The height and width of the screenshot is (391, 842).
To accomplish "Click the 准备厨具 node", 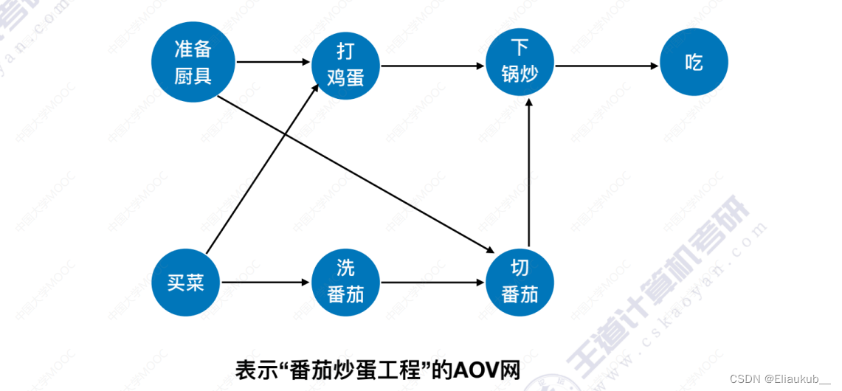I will [x=193, y=63].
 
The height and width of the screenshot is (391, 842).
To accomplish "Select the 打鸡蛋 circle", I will [x=345, y=64].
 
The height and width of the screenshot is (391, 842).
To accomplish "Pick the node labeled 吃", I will [x=694, y=64].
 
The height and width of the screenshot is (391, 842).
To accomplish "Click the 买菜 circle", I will [x=185, y=283].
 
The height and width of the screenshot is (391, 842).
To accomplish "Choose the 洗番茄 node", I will [x=345, y=283].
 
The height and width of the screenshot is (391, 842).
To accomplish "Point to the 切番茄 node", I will [x=520, y=281].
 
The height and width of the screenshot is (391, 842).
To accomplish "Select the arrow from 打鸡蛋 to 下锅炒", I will [x=432, y=66].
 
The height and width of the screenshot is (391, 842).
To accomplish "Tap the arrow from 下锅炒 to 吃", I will [x=605, y=66].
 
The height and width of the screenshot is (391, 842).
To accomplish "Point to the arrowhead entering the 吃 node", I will [x=654, y=66].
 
